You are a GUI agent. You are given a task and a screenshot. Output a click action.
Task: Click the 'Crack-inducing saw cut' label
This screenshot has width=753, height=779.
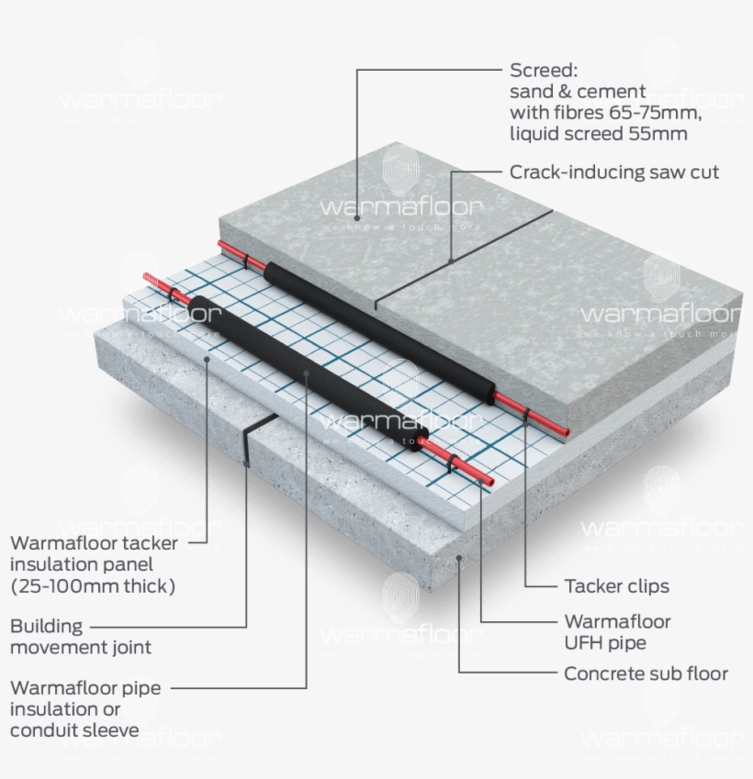point(614,172)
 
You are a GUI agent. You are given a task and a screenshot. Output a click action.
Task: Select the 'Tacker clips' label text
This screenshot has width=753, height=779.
point(616,586)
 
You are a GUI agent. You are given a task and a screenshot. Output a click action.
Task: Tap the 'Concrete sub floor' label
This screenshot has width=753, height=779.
point(646,673)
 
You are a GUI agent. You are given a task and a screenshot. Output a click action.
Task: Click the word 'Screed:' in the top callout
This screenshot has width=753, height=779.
point(543,71)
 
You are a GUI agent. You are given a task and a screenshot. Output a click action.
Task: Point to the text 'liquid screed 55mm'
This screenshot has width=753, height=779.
point(598,134)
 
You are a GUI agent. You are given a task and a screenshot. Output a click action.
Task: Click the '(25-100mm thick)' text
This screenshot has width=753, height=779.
point(92,585)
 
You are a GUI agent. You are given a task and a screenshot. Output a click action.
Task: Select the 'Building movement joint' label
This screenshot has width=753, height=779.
point(81,637)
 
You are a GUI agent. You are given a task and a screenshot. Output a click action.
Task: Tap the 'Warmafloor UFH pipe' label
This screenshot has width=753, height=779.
point(617,632)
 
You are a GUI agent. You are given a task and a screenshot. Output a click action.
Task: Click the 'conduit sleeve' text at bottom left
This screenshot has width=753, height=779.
point(74,730)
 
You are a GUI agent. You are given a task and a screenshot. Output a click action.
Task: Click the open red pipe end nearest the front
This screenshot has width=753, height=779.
point(489,481)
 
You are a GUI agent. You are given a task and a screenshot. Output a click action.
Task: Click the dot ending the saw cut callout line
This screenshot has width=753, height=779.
point(451,261)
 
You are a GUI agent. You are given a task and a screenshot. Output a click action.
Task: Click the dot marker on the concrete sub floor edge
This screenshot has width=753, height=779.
point(456,557)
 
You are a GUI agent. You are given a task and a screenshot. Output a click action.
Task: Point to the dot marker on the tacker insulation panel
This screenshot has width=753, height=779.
point(207,359)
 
